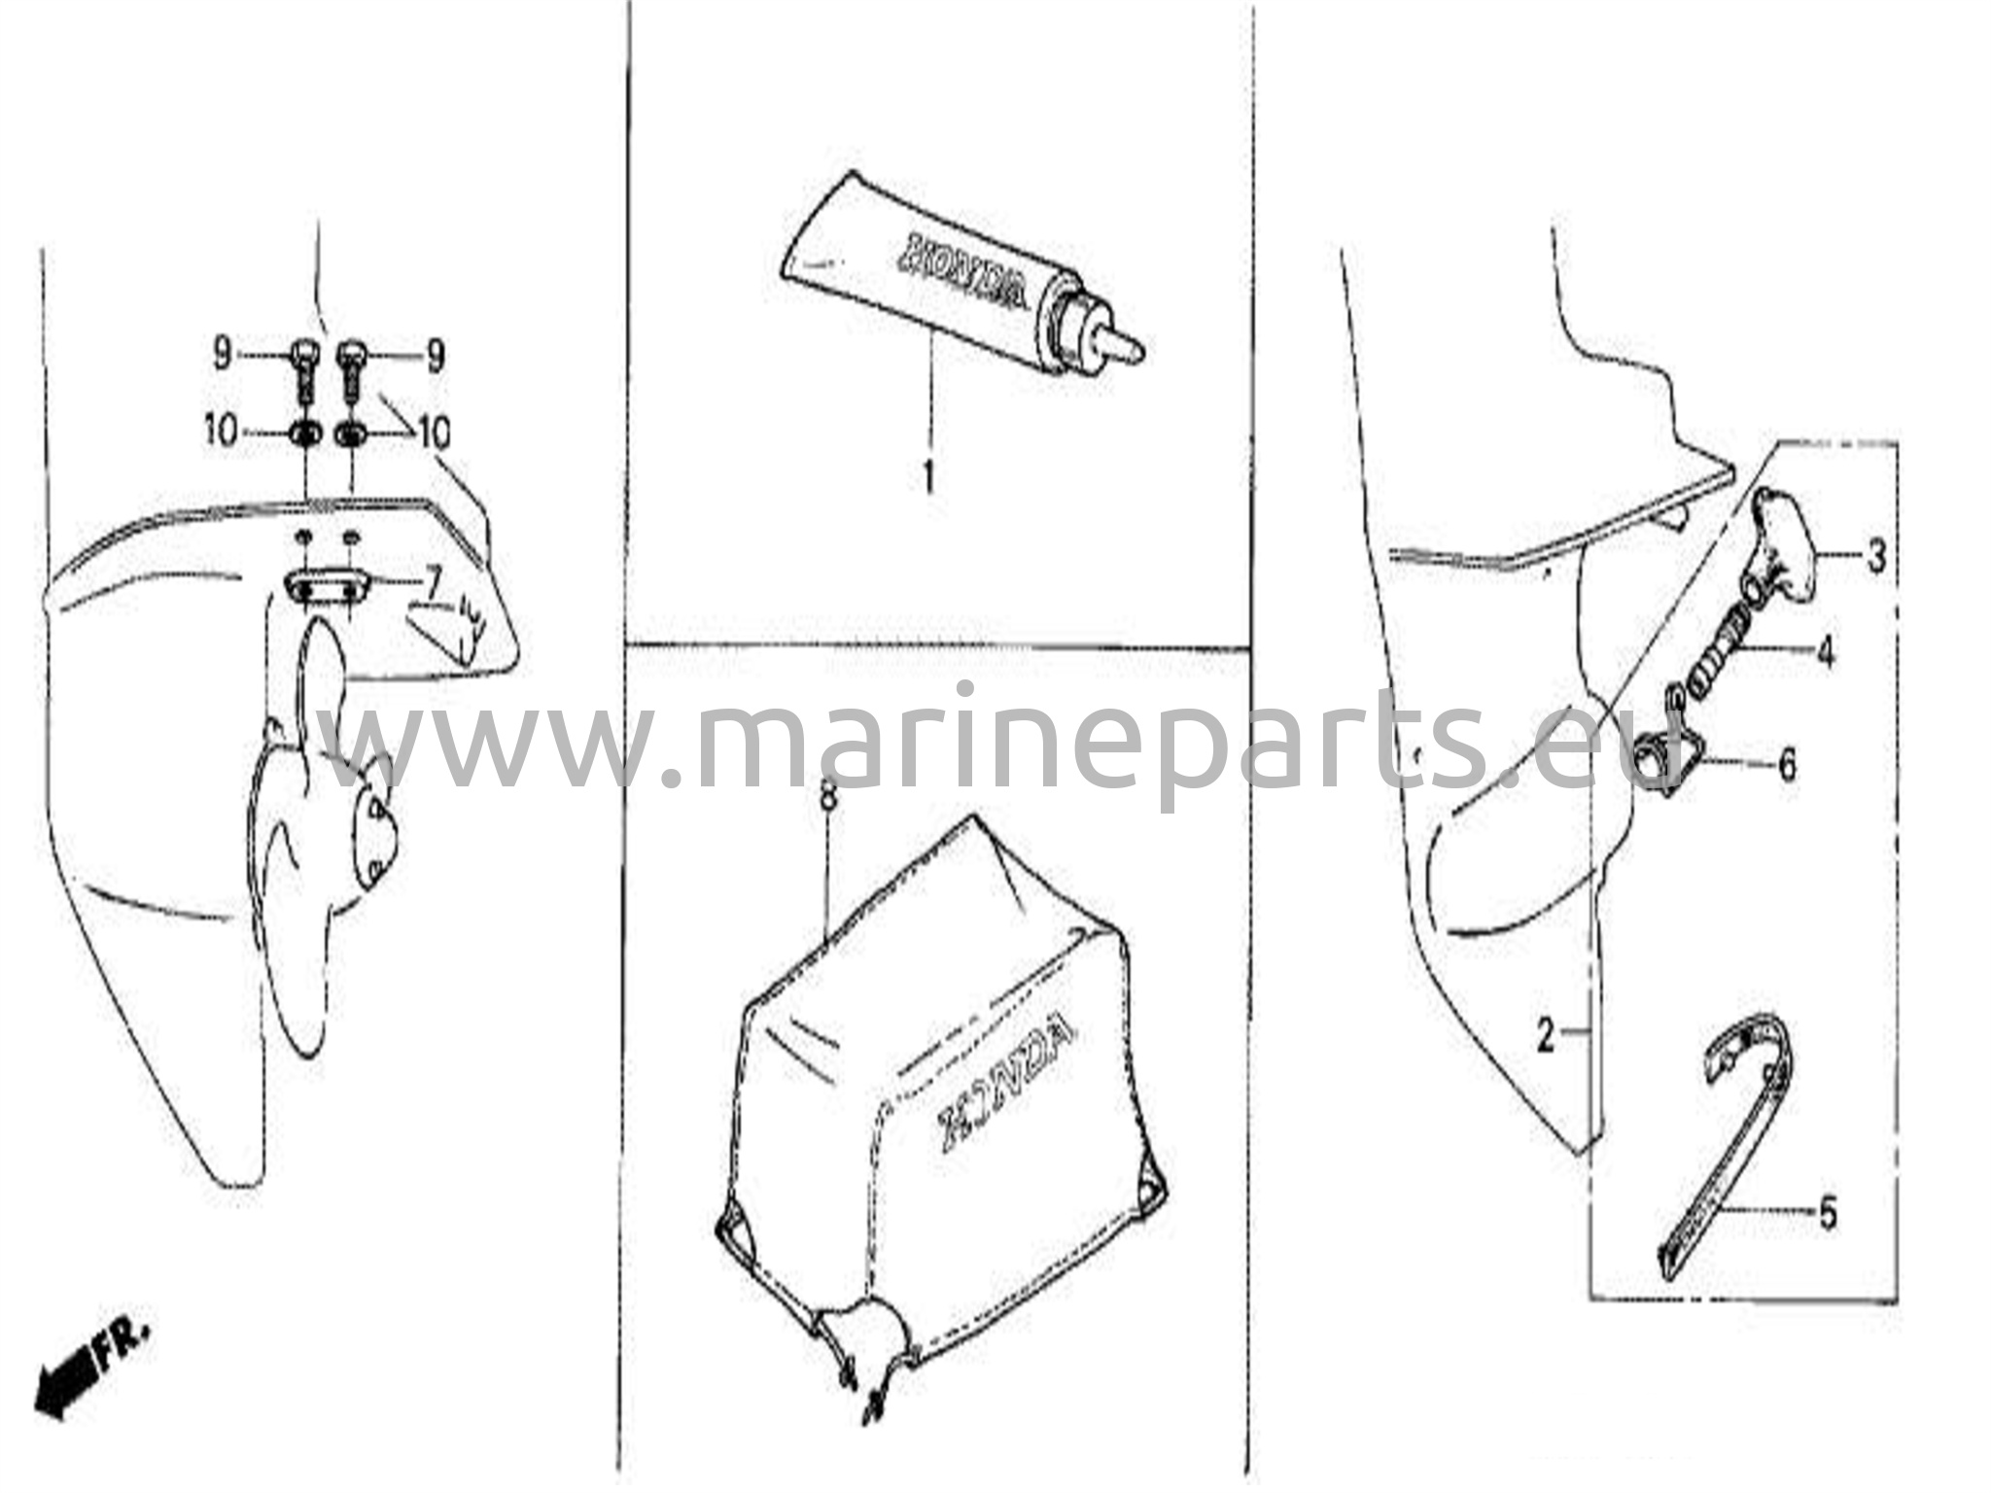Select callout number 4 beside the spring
[x=1825, y=650]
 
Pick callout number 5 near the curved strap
[x=1828, y=1213]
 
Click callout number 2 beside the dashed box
[x=1546, y=1037]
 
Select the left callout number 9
[x=222, y=356]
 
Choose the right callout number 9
[x=435, y=357]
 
